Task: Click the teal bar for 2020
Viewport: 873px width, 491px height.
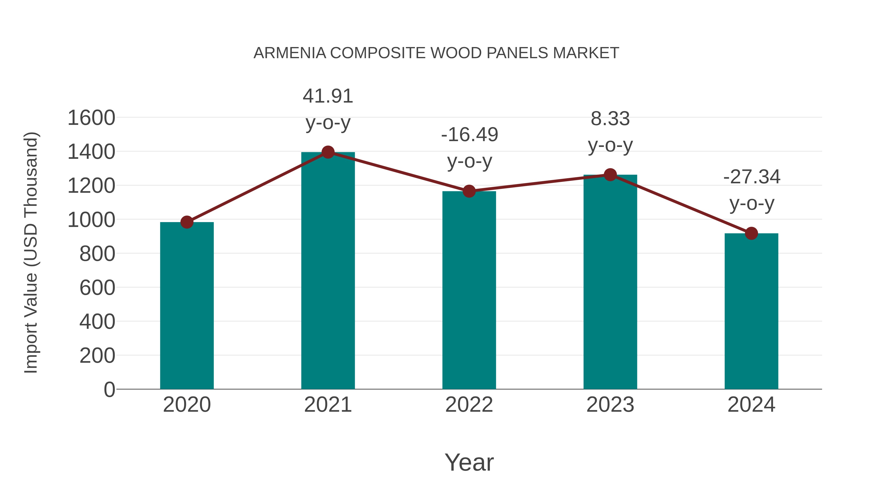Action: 187,305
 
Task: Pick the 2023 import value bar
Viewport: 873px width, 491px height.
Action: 610,282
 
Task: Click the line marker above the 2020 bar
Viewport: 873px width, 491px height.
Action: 187,222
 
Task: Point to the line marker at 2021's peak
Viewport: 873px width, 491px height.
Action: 328,152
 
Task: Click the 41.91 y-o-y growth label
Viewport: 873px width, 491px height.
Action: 328,96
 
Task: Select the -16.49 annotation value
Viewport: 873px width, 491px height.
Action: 469,135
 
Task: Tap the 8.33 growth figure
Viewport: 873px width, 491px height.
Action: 610,119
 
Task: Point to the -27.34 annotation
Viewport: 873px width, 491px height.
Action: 752,177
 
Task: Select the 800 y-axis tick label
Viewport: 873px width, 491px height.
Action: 97,254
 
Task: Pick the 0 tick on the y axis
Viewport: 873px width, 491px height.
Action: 109,389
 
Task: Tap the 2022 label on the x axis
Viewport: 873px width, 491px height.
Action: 469,405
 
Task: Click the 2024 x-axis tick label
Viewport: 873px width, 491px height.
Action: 751,405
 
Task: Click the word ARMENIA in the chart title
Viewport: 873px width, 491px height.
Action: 290,53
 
